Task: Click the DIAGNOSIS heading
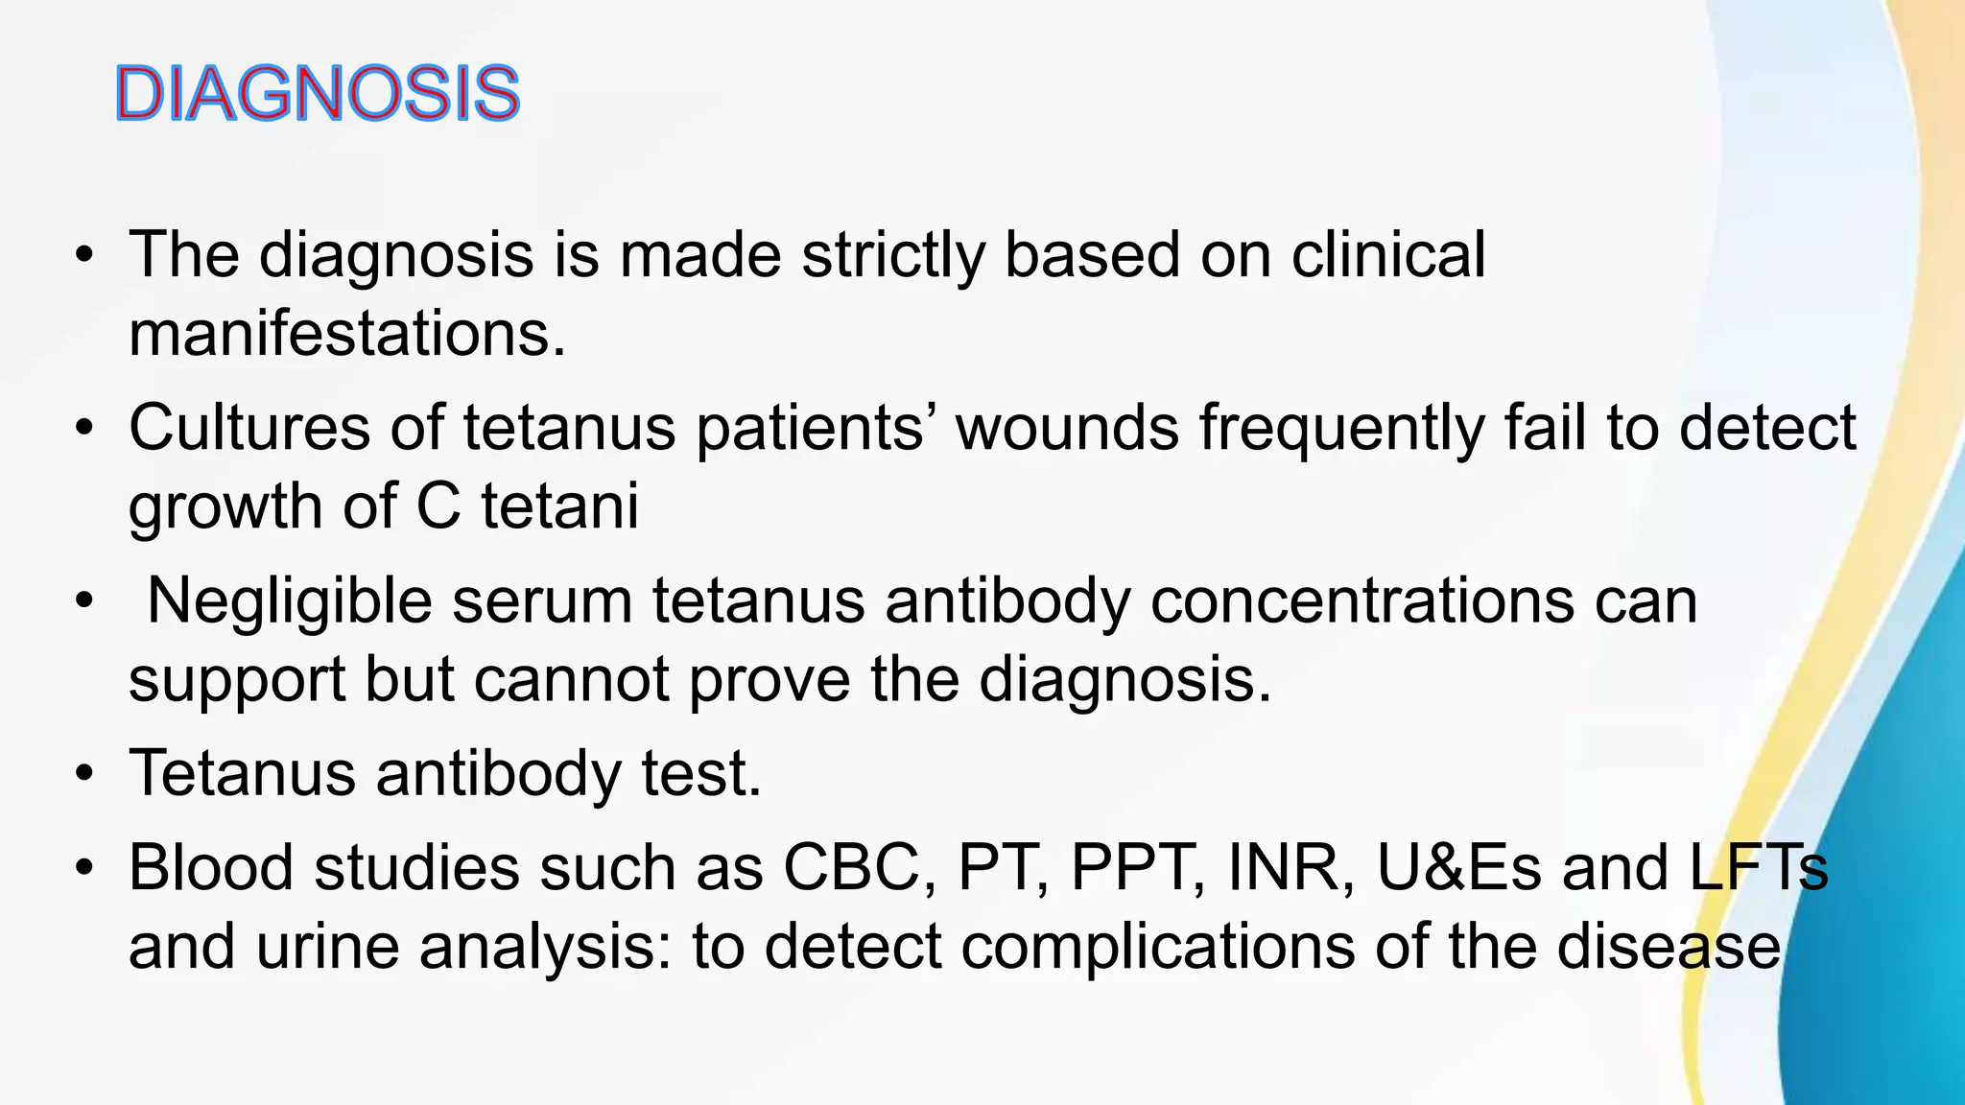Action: tap(317, 94)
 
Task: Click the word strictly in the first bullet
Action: tap(892, 256)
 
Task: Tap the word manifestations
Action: tap(347, 335)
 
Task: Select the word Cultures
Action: tap(249, 428)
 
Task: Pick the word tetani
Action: tap(559, 506)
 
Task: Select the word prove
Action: tap(769, 681)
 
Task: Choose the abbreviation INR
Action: tap(1291, 868)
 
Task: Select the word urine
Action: tap(326, 948)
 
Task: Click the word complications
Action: tap(1157, 948)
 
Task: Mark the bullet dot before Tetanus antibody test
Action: tap(84, 774)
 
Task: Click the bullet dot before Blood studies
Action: tap(84, 869)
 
